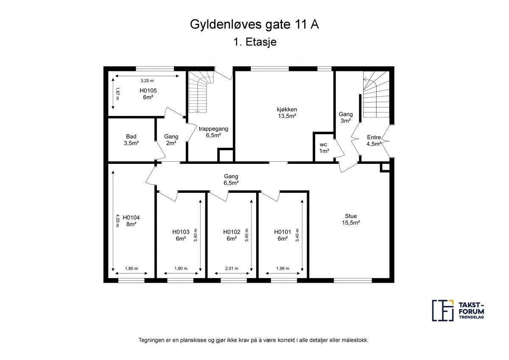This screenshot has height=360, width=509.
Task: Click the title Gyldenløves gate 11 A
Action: (254, 24)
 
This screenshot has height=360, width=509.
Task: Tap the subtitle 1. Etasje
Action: (255, 42)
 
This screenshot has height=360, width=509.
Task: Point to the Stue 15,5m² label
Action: (351, 219)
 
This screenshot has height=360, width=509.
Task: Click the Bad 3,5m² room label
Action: (131, 140)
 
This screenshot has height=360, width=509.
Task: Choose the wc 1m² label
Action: (324, 148)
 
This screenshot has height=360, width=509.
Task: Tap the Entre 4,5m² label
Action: (374, 141)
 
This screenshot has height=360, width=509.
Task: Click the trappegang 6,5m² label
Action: (214, 132)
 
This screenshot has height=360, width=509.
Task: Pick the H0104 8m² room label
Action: (131, 221)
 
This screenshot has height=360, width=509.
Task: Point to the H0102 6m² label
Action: (232, 235)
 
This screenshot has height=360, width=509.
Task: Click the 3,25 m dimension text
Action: (147, 80)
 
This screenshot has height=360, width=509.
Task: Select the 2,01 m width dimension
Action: (231, 268)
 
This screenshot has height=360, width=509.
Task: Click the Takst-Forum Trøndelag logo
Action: (458, 310)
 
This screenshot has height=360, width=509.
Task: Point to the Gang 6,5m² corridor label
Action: (231, 180)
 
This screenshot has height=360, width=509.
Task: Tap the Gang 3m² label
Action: (346, 117)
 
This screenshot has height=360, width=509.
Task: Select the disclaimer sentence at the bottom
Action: (254, 340)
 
